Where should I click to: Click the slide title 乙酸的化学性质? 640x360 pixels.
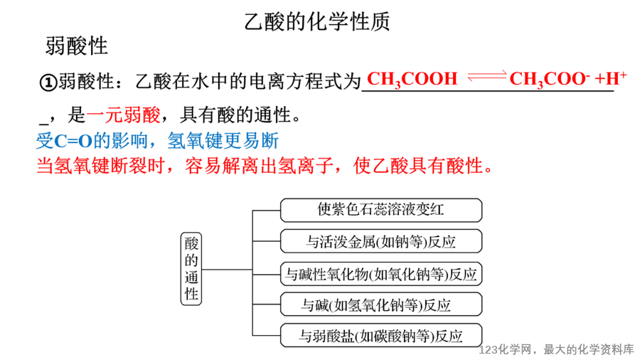point(317,21)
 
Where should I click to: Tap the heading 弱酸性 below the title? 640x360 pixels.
point(76,46)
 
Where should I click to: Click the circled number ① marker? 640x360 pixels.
point(48,83)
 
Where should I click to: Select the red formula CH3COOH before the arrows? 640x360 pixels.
point(412,79)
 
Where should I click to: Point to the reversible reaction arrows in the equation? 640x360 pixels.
point(487,75)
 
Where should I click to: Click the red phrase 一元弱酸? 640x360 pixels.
point(123,115)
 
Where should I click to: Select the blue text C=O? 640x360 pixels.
point(73,141)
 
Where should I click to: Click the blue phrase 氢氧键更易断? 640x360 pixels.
point(223,141)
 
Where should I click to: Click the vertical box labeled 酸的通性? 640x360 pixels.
point(191,269)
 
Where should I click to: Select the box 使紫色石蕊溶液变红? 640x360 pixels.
point(381,210)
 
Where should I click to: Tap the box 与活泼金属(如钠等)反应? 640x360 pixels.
point(381,241)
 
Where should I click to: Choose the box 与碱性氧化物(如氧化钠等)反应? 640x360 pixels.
point(381,273)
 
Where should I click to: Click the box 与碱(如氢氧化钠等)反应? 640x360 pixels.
point(381,305)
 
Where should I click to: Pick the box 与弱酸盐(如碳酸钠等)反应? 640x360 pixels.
point(381,336)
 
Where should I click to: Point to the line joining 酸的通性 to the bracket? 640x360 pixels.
point(227,270)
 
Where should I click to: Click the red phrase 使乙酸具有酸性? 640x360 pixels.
point(418,166)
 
